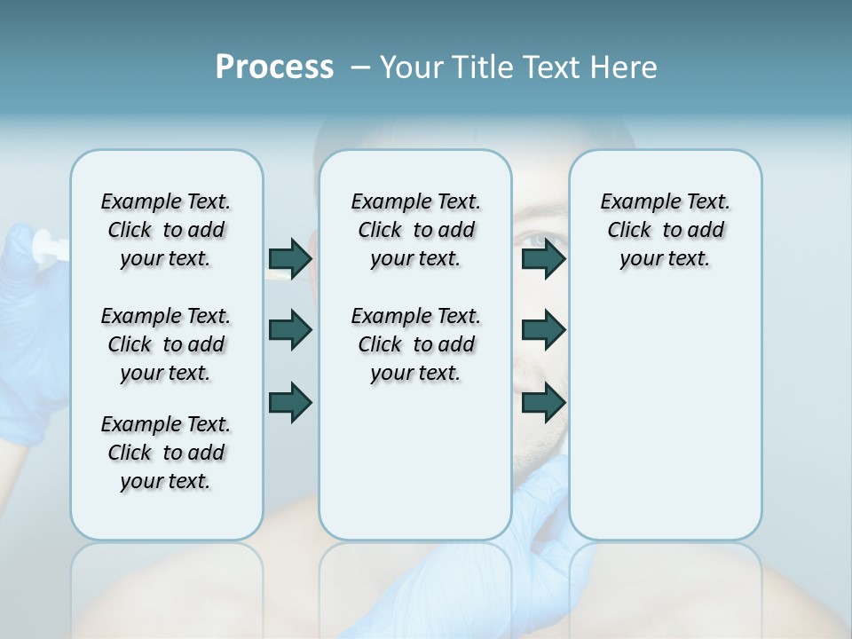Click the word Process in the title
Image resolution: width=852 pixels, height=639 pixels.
274,67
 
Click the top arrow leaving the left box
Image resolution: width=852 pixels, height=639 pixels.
290,258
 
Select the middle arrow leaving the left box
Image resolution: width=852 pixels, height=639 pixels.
290,330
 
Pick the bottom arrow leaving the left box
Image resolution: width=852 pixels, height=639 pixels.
290,402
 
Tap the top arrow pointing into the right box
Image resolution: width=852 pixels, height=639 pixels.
544,258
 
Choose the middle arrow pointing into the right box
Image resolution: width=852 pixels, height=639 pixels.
544,330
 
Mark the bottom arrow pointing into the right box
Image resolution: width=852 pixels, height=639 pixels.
544,402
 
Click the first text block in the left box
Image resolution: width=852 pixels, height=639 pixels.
166,230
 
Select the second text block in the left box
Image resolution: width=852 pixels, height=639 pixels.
166,344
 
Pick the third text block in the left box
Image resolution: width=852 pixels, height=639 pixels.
166,453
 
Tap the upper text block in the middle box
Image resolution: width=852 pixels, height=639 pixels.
415,230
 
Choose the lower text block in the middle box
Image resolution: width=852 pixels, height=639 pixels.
415,344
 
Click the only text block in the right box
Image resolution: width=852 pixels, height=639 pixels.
665,230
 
